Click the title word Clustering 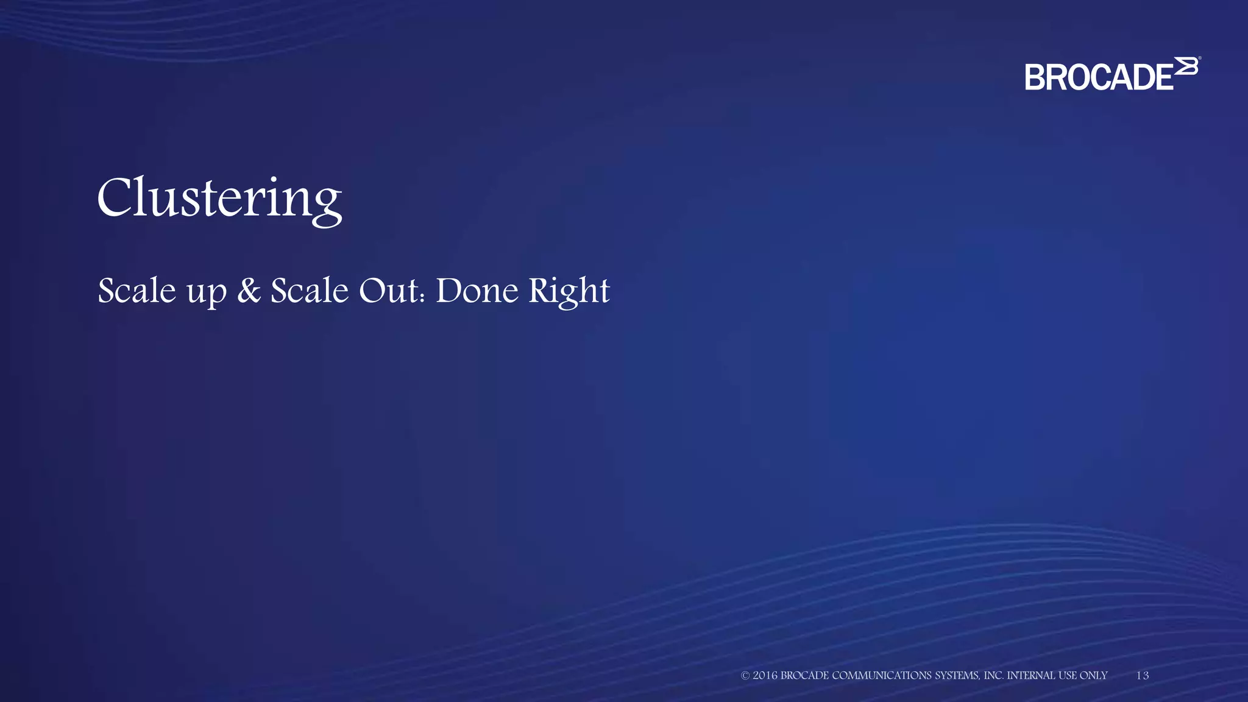click(219, 198)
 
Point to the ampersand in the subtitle click(249, 290)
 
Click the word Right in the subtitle click(569, 291)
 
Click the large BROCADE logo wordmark click(1099, 77)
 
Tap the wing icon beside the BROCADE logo click(1186, 66)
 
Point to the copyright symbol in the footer click(745, 675)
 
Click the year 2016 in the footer click(765, 675)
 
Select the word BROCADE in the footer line click(804, 675)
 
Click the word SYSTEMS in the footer click(957, 675)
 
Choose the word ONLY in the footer click(1093, 675)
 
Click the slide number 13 click(1143, 675)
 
